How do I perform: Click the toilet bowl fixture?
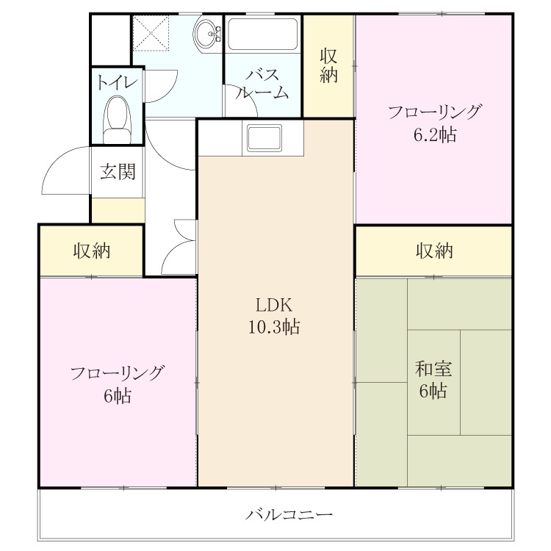[118, 120]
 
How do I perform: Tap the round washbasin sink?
[207, 34]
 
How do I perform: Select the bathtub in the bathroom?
[263, 34]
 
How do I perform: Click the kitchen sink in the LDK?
[264, 138]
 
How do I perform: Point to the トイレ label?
[117, 83]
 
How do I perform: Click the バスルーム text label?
[262, 84]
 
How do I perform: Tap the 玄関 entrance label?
[118, 172]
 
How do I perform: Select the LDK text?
[274, 305]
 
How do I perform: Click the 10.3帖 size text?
[274, 326]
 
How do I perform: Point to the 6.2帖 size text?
[435, 134]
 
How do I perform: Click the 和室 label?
[433, 369]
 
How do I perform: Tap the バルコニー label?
[289, 515]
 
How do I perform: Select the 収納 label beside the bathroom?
[328, 65]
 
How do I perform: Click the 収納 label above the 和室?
[434, 251]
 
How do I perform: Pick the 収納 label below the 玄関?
[92, 251]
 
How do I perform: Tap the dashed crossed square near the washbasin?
[151, 32]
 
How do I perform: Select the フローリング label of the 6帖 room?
[118, 373]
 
